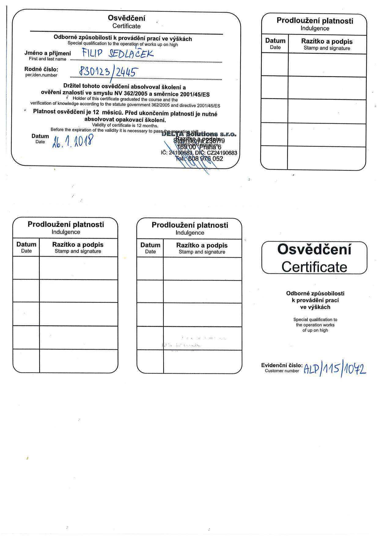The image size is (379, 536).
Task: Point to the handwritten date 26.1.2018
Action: coord(73,142)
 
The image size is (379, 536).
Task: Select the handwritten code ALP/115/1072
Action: coord(334,370)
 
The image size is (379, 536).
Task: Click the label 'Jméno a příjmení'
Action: coord(47,53)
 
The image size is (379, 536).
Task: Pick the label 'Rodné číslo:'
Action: coord(41,69)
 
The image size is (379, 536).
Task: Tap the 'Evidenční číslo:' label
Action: coord(282,365)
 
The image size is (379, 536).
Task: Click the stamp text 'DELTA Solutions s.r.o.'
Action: coord(199,134)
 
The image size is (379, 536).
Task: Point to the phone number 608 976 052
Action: coord(204,159)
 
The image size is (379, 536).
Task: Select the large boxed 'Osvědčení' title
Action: coord(314,250)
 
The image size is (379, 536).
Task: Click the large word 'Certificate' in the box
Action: coord(314,267)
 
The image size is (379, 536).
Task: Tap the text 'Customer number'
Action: coord(282,371)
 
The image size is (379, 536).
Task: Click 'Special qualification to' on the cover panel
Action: coord(315,320)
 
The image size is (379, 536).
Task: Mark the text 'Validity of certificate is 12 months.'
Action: coord(125,125)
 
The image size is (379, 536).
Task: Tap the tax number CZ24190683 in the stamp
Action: coord(222,153)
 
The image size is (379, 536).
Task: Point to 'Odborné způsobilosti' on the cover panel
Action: coord(315,294)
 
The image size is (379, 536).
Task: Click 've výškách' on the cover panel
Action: coord(315,307)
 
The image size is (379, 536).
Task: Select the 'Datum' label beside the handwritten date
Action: coord(40,136)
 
